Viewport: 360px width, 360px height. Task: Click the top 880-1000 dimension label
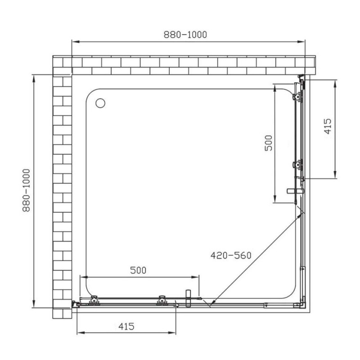(x=185, y=35)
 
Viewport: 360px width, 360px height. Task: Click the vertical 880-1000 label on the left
(x=27, y=190)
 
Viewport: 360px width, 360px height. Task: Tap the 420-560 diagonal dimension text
(x=231, y=255)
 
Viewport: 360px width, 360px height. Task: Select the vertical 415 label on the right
(x=328, y=126)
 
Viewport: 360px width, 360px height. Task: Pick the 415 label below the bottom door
(x=126, y=326)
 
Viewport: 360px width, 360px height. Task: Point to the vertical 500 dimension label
(x=268, y=143)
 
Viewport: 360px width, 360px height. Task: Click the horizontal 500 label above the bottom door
(x=138, y=270)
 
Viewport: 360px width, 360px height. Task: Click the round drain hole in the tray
(x=100, y=103)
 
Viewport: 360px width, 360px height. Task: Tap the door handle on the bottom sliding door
(x=188, y=298)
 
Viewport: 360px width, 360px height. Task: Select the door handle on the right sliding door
(x=295, y=191)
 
